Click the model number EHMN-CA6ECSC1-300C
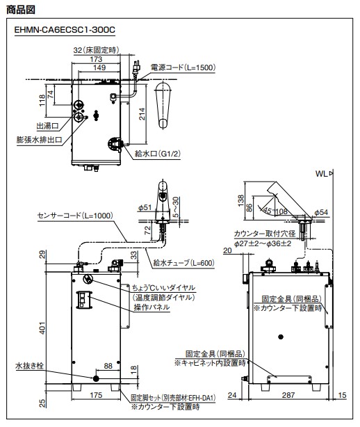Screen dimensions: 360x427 tap(65, 30)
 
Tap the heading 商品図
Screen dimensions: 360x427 tap(21, 10)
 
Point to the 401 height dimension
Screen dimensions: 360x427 tap(42, 328)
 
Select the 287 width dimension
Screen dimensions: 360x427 tap(288, 395)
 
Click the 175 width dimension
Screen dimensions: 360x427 tap(96, 395)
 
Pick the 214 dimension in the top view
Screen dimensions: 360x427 tap(142, 114)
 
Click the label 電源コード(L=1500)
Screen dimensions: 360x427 tap(183, 67)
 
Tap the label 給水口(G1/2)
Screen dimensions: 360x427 tap(158, 154)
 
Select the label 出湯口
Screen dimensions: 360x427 tap(48, 126)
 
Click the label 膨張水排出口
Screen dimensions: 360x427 tap(40, 140)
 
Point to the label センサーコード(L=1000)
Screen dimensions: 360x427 tap(75, 216)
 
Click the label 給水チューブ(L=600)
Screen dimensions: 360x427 tap(184, 263)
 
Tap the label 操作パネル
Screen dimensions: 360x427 tap(152, 307)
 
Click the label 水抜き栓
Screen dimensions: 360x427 tap(30, 366)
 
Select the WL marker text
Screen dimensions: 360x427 tap(322, 174)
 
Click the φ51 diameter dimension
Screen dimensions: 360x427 tap(145, 207)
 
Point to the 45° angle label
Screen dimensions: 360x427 tap(268, 211)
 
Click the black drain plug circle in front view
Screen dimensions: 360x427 tap(96, 378)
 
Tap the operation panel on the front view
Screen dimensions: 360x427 tap(84, 300)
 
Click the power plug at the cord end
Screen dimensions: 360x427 tap(136, 67)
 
